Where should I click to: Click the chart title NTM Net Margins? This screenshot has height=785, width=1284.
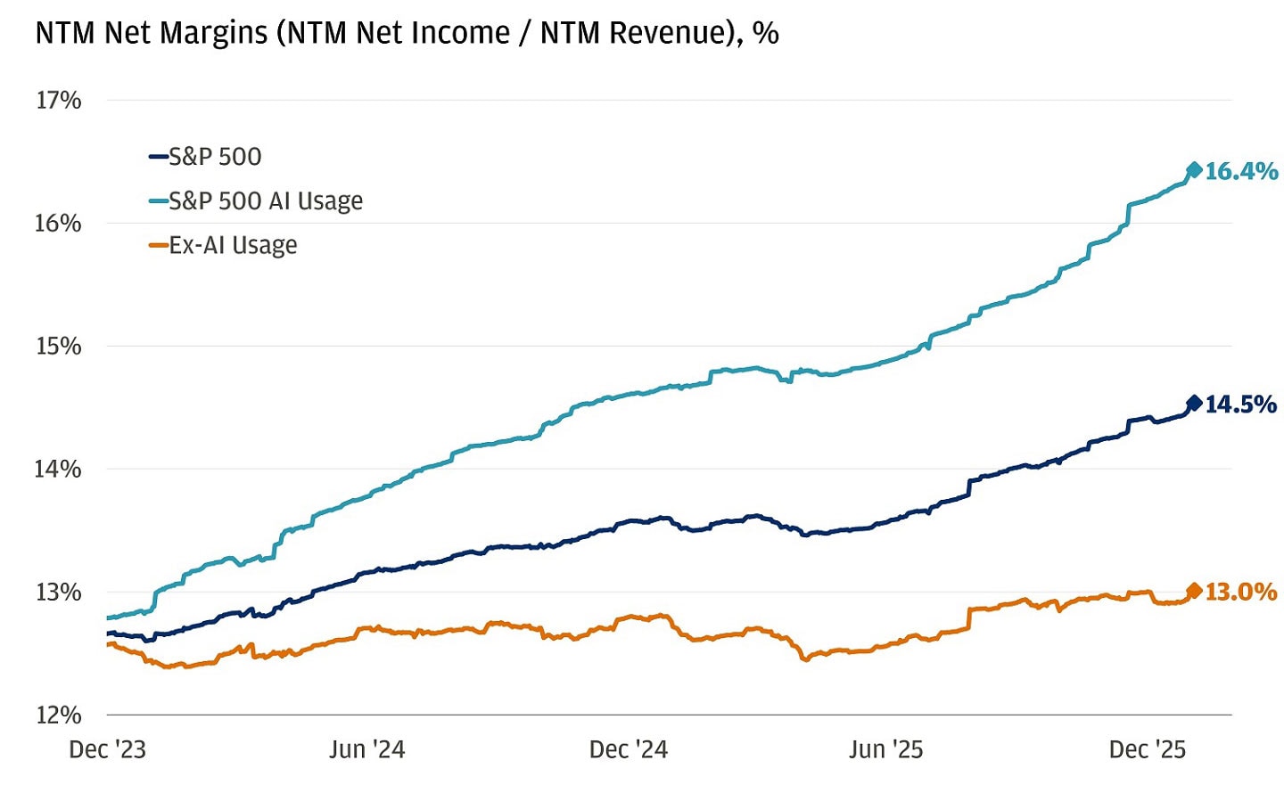[x=407, y=33]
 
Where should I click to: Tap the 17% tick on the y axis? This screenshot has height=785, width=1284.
[x=58, y=100]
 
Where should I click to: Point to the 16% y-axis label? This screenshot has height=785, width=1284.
[x=58, y=223]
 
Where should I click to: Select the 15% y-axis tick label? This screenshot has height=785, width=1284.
[x=58, y=346]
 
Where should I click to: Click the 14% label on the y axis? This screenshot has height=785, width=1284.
[x=58, y=469]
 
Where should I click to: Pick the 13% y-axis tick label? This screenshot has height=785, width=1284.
[x=58, y=592]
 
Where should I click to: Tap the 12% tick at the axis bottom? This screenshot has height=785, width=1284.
[x=58, y=715]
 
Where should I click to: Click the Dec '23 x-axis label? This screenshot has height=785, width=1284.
[x=107, y=749]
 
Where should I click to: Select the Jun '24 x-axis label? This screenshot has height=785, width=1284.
[x=366, y=749]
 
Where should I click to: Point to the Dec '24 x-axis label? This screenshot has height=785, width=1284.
[x=628, y=749]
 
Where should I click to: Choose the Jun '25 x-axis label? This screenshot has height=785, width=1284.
[x=885, y=749]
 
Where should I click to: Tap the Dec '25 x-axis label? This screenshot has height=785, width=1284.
[x=1147, y=749]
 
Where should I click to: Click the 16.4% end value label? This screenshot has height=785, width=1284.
[x=1241, y=171]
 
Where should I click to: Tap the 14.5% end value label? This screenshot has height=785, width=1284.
[x=1241, y=405]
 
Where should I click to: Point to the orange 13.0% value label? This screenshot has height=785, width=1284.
[x=1241, y=592]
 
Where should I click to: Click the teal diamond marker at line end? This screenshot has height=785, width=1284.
[x=1194, y=170]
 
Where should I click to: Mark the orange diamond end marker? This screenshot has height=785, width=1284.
[x=1194, y=591]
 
